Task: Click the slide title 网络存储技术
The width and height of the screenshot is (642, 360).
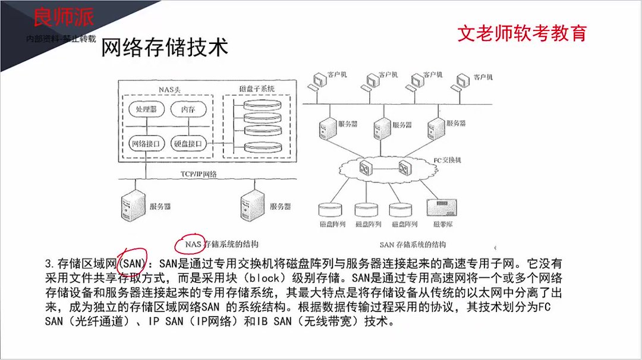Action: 165,48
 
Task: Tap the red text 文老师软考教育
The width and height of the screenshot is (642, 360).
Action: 521,33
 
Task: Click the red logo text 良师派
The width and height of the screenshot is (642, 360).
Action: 63,17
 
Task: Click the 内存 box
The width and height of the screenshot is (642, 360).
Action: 188,110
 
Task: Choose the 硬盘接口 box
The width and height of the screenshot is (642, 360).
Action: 188,143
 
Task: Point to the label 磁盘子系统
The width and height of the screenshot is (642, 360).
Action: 256,89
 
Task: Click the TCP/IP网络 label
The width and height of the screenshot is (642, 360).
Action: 199,174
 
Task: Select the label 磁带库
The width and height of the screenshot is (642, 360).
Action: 442,225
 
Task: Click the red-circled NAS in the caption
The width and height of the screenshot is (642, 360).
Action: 193,244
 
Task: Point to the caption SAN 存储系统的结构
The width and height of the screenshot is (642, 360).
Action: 413,244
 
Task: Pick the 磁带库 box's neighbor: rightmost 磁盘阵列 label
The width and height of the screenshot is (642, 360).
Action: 404,225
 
